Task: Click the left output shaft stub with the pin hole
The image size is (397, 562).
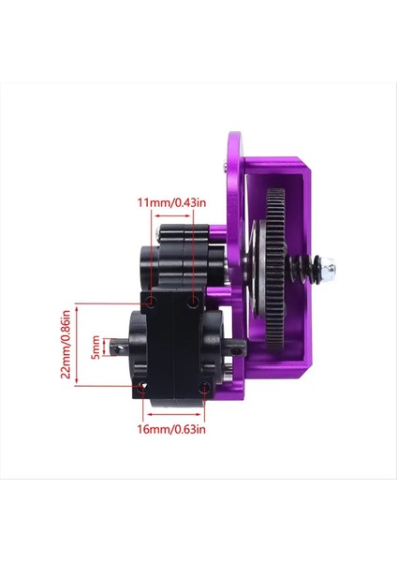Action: pyautogui.click(x=121, y=348)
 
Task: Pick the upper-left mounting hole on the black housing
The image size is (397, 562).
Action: pyautogui.click(x=149, y=302)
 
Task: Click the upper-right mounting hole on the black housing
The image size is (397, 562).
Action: pyautogui.click(x=193, y=303)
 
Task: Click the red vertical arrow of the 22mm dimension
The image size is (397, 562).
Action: pyautogui.click(x=79, y=344)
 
